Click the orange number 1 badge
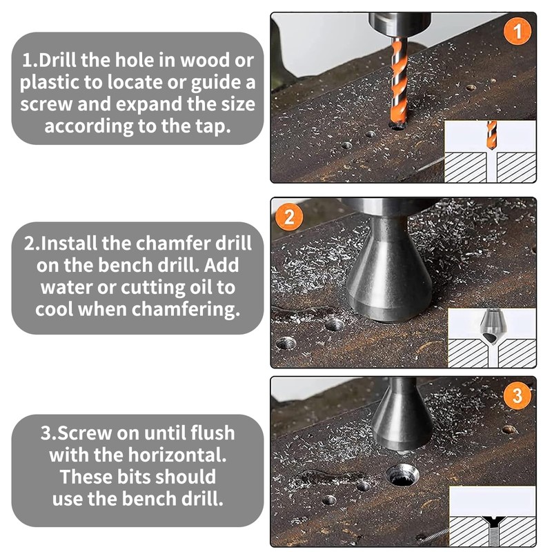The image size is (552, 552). (x=518, y=31)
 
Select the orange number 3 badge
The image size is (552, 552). (x=518, y=395)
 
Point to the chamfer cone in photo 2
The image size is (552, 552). (x=388, y=276)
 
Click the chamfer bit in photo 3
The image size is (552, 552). (x=402, y=418)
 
